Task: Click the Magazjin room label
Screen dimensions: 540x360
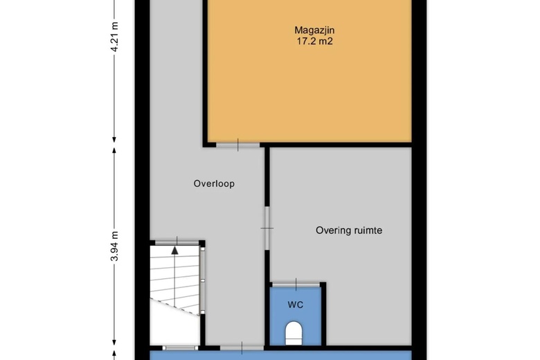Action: coord(314,30)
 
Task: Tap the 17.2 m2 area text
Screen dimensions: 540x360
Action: coord(315,42)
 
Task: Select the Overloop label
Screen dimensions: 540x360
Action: coord(214,183)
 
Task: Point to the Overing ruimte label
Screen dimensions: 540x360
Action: coord(349,231)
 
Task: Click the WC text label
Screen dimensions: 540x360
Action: coord(296,305)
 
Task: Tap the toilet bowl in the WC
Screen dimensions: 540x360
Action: coord(294,333)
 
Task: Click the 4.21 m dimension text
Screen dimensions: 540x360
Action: coord(115,37)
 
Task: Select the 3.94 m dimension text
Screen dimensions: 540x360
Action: coord(115,246)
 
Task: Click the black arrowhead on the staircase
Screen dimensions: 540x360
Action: coord(175,251)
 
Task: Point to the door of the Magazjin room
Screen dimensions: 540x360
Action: coord(237,145)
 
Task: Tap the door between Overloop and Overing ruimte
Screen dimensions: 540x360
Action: coord(267,228)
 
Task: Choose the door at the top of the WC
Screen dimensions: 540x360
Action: coord(296,285)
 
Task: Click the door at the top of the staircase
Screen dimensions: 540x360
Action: coord(177,243)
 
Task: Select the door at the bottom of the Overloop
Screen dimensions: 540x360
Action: coord(242,348)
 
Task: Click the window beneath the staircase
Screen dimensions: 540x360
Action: coord(181,348)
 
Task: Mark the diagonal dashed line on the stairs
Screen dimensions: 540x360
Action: coord(175,307)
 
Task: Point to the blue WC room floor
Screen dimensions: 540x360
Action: coord(296,316)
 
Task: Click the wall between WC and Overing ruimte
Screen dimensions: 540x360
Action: coord(324,314)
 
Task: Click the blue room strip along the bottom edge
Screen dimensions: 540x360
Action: coord(280,355)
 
